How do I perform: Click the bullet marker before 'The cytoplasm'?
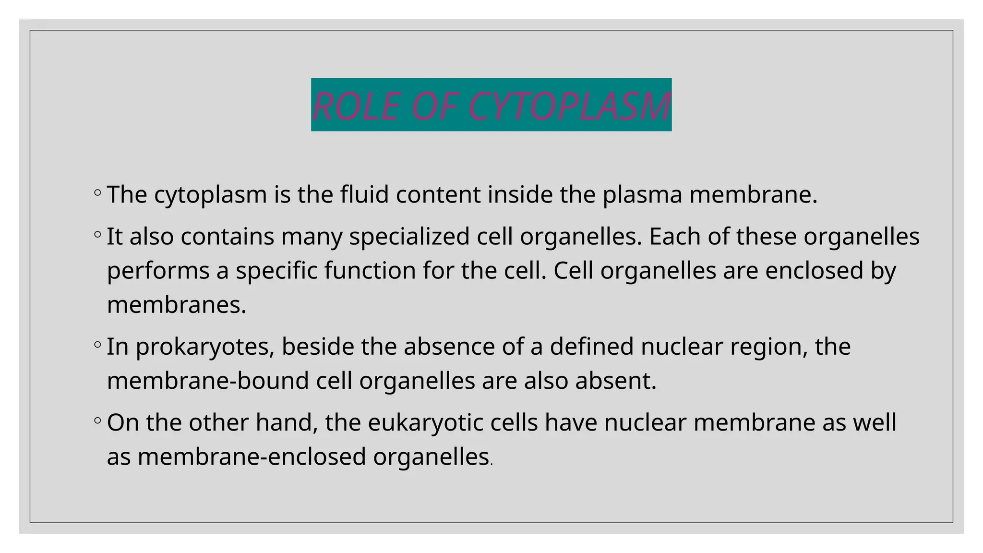pos(97,193)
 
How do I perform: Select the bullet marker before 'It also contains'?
pos(97,235)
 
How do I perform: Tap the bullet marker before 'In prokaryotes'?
pos(97,345)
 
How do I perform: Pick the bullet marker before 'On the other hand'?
pos(97,421)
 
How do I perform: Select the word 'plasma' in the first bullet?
pos(642,195)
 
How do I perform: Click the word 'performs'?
pos(158,271)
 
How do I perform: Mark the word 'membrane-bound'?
pos(208,381)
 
